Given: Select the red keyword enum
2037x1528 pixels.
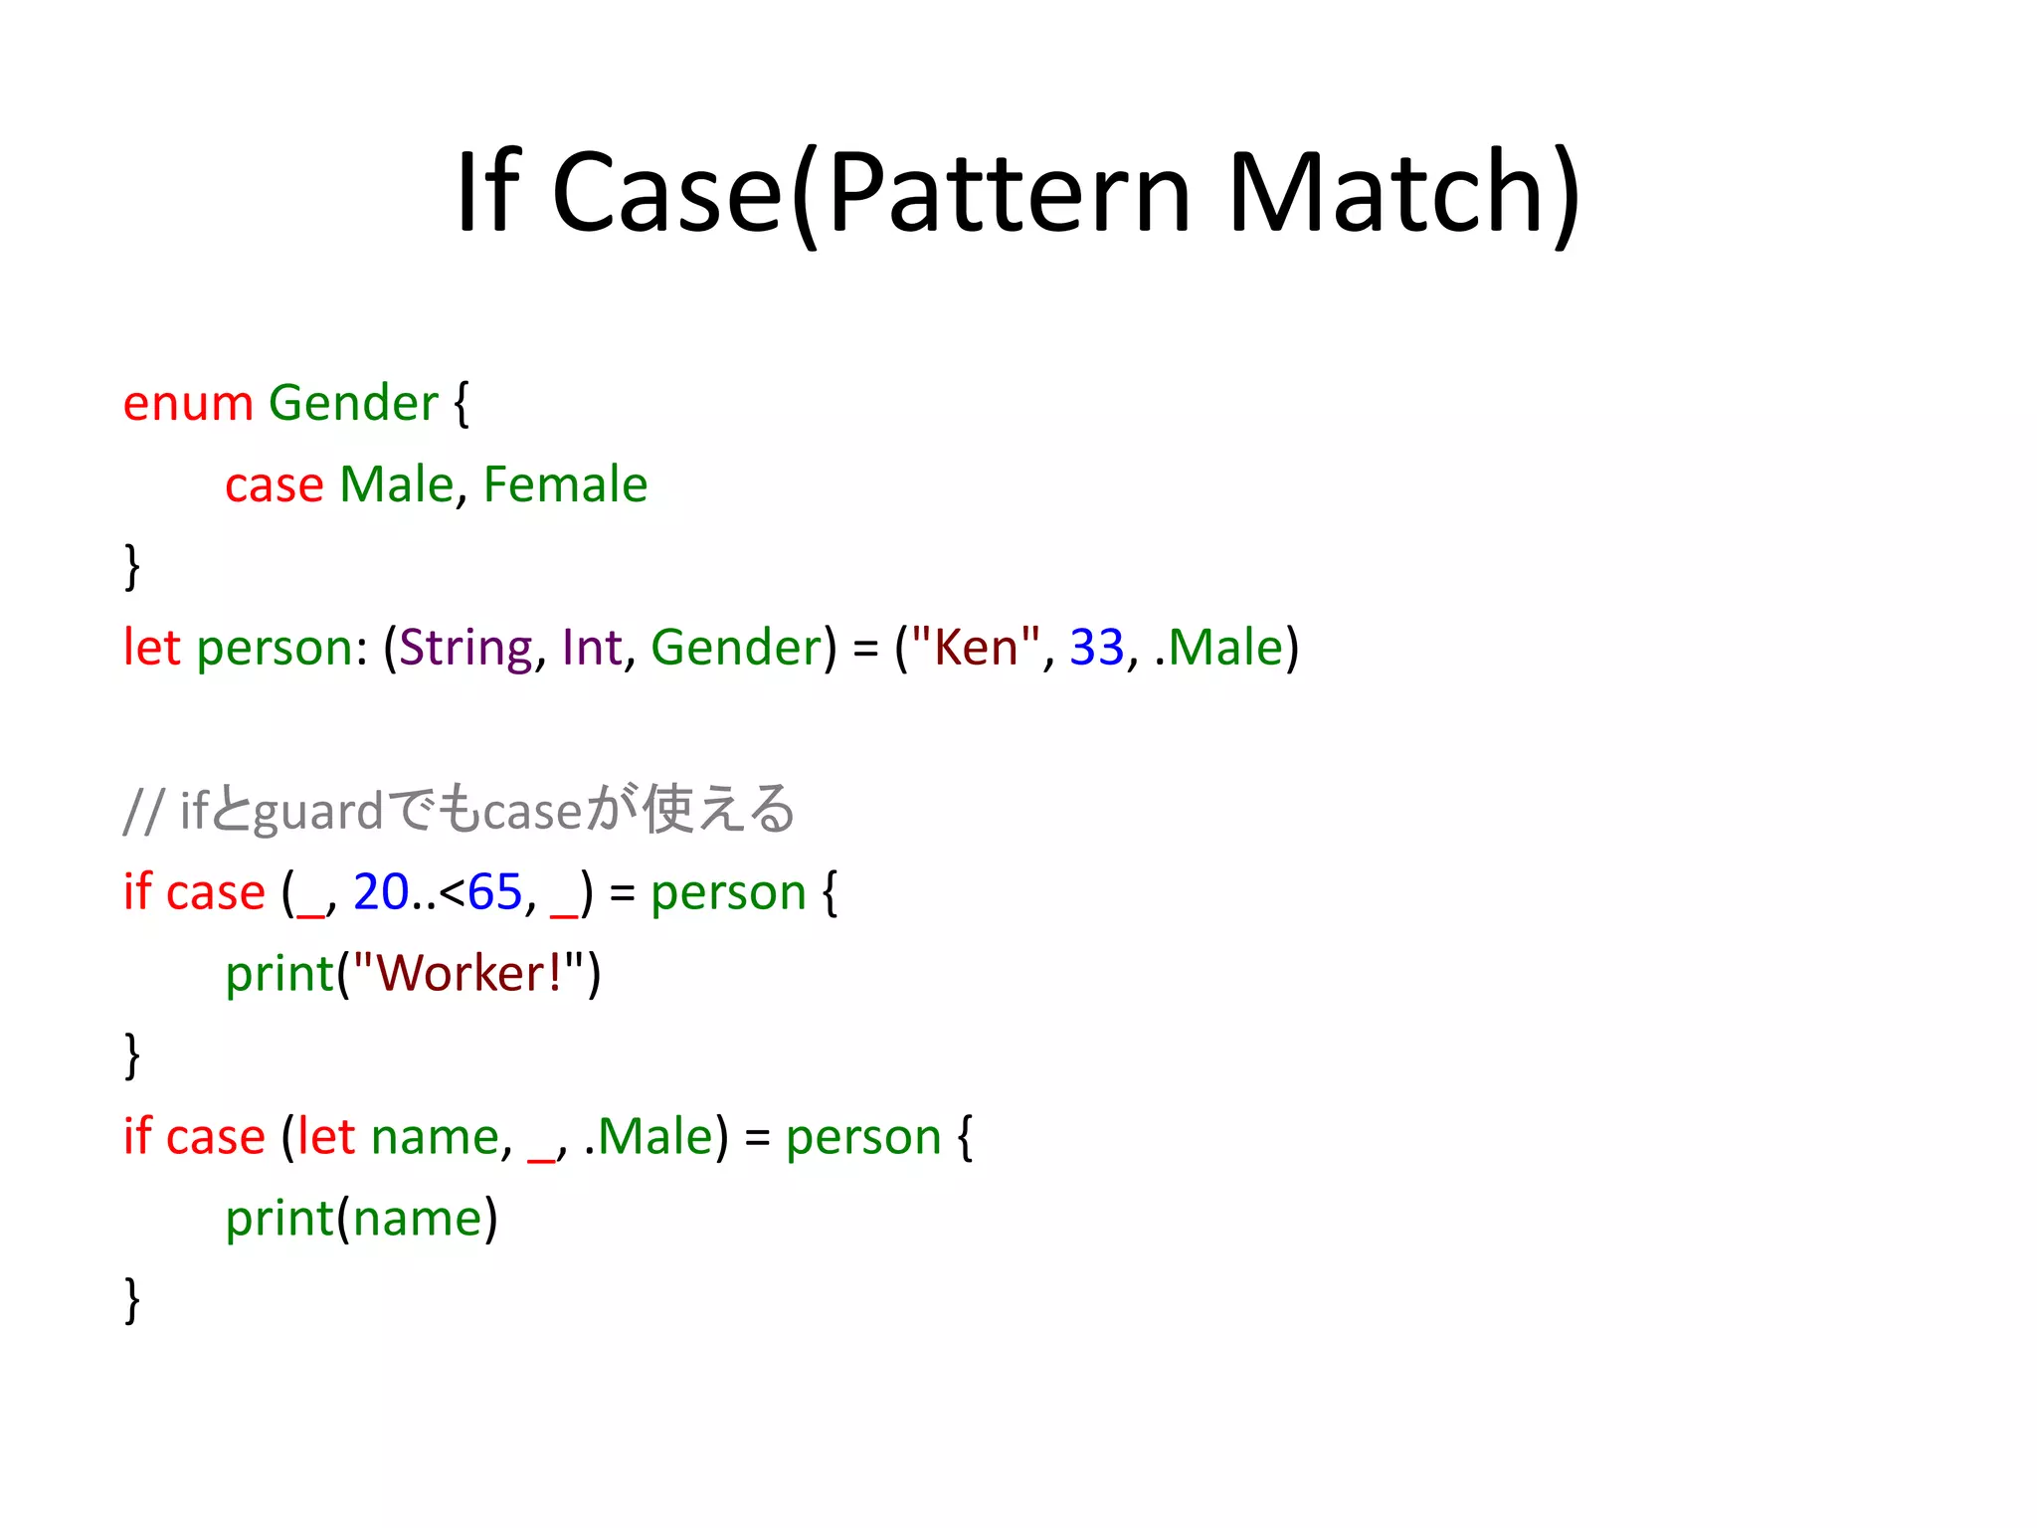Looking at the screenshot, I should point(188,404).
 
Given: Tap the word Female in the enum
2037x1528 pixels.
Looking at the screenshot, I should point(565,485).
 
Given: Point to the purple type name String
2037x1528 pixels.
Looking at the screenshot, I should point(465,649).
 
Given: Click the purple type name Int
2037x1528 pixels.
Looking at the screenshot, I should point(592,649).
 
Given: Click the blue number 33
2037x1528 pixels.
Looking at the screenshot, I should point(1096,649).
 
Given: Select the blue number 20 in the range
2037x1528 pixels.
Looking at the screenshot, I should point(380,892).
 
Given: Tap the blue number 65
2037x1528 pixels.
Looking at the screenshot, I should point(494,892).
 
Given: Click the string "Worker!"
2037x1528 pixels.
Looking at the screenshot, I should point(468,974).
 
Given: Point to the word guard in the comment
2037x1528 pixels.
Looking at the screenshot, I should point(318,812).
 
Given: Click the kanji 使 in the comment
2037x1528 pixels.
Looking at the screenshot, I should point(666,809).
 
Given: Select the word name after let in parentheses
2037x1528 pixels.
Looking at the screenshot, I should point(434,1137).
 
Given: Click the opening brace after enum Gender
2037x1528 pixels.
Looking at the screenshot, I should point(461,404).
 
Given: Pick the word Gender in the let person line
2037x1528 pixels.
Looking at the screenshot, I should point(736,649).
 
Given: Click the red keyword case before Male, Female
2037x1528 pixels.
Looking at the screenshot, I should point(274,485).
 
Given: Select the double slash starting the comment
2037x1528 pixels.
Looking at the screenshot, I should point(142,812).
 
